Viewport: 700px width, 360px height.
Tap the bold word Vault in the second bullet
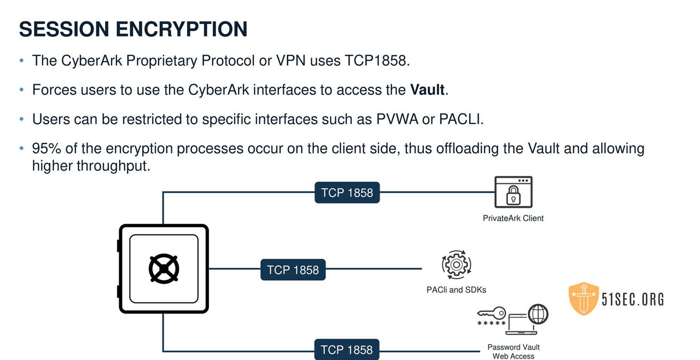coord(427,90)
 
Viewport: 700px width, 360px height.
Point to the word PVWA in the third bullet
coord(396,119)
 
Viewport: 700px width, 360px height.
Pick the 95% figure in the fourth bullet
coord(46,148)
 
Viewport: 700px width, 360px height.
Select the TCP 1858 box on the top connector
coord(347,193)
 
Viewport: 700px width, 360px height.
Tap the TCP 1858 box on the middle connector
coord(293,270)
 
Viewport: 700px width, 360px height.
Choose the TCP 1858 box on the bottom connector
coord(347,350)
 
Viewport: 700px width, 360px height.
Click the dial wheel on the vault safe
coord(164,269)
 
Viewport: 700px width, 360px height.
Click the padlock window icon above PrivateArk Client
coord(513,192)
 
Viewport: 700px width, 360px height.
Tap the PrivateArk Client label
coord(513,218)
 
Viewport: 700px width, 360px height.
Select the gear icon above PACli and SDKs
coord(456,265)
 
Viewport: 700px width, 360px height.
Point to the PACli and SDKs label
coord(456,289)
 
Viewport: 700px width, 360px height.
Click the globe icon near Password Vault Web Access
coord(538,314)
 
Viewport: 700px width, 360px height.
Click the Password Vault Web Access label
coord(513,351)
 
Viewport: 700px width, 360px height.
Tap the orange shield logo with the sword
coord(584,299)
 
